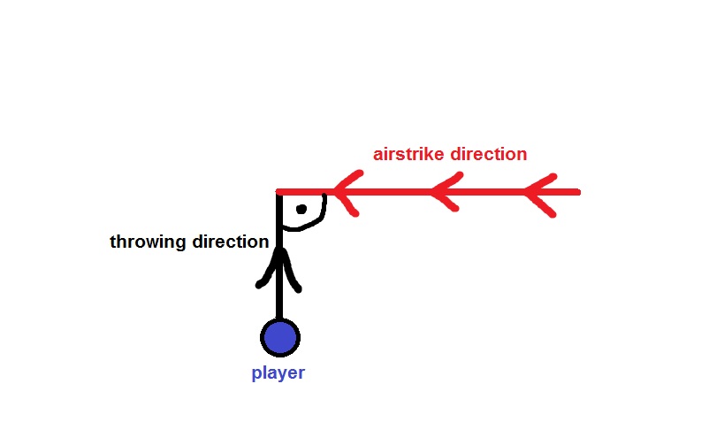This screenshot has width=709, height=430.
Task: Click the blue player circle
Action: tap(280, 337)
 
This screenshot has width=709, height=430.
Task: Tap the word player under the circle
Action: tap(278, 372)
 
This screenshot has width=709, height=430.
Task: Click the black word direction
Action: tap(227, 242)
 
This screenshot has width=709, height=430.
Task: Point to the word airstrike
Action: tap(408, 154)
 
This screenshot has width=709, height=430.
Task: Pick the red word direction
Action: tap(489, 154)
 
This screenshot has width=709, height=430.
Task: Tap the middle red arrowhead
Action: tap(442, 192)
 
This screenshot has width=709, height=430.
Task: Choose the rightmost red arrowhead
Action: tap(538, 192)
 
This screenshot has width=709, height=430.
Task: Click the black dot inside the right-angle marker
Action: tap(301, 210)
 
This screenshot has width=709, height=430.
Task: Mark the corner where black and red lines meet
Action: tap(279, 192)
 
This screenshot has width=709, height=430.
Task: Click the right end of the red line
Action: tap(577, 191)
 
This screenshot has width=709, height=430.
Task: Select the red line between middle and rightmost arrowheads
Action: tap(491, 191)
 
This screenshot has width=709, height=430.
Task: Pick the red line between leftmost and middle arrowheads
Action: tap(393, 191)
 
